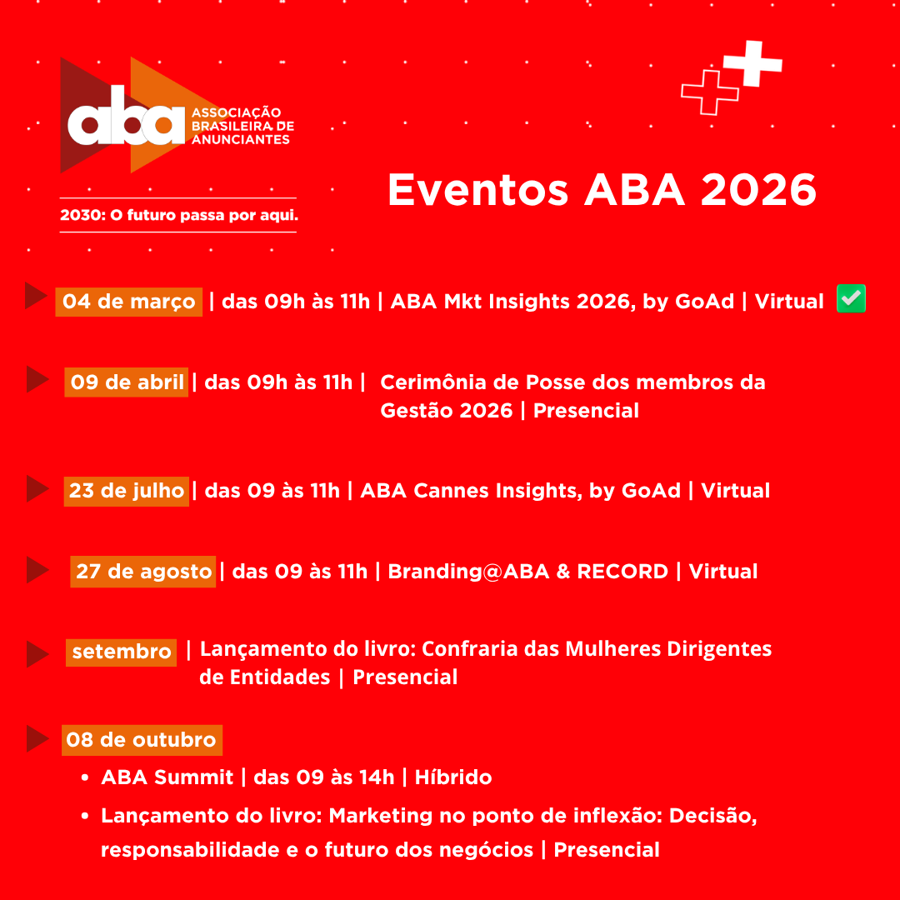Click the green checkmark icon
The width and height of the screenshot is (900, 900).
click(x=851, y=299)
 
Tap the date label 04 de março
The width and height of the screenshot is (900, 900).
click(x=129, y=301)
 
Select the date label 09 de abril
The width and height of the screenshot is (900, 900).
click(x=127, y=382)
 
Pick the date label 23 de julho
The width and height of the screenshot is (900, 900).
click(x=127, y=490)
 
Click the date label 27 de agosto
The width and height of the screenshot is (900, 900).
click(x=143, y=572)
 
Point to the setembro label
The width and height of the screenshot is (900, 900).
click(x=122, y=652)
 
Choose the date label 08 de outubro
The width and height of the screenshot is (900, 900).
click(x=141, y=739)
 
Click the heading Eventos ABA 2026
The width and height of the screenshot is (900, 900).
click(x=602, y=191)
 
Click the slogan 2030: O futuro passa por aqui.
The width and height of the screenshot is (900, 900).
click(x=178, y=215)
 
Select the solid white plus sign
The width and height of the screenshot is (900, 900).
click(x=752, y=62)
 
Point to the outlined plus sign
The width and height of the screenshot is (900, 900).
click(x=710, y=92)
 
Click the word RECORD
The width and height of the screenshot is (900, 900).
click(x=622, y=572)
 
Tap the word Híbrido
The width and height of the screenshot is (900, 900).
click(x=453, y=777)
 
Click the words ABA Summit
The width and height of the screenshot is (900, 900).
click(x=167, y=777)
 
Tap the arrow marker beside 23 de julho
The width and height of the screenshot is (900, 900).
click(x=37, y=489)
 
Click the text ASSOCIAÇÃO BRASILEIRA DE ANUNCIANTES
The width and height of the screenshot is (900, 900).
click(x=242, y=125)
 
